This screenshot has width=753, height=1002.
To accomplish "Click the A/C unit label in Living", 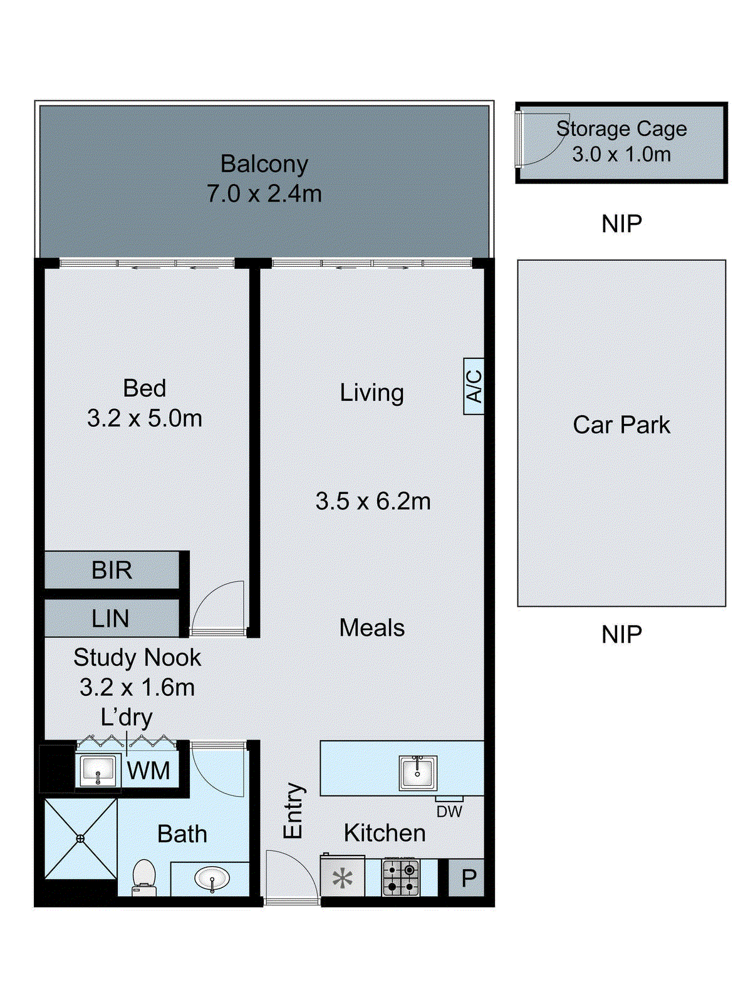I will pos(474,386).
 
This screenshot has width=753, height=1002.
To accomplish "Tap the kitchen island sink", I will pos(417,772).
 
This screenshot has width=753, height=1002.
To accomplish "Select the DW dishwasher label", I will pos(449,812).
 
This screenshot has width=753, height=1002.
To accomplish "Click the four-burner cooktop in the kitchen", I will pos(401,878).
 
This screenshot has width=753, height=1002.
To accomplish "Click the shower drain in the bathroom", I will pos(80,839).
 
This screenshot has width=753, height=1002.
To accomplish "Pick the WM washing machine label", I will pos(148,771).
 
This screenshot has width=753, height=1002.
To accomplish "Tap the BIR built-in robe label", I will pos(112,571).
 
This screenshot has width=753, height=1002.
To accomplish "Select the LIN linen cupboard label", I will pos(110,619).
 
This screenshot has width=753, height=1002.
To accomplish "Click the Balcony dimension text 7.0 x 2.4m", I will pos(264,194).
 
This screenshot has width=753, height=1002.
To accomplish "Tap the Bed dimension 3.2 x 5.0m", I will pos(145,418).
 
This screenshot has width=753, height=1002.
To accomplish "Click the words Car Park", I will pos(621,425).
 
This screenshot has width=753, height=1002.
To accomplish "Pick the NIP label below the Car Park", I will pos(621,634).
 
